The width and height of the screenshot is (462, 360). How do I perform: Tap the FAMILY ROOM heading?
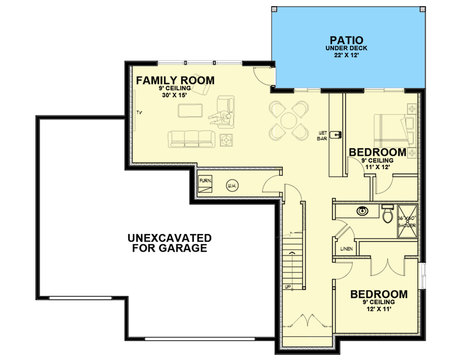(175, 81)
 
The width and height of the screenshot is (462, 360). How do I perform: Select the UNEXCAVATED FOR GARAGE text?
(169, 243)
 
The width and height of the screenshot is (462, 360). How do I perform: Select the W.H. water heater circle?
(230, 186)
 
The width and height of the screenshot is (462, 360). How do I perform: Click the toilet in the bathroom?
(387, 214)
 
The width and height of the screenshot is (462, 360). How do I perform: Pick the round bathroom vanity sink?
(362, 210)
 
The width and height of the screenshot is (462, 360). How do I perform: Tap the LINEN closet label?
(346, 249)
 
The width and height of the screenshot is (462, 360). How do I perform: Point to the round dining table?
(289, 120)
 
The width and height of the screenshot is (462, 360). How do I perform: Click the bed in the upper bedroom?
(394, 130)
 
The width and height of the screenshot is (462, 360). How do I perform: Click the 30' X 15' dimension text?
(175, 95)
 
